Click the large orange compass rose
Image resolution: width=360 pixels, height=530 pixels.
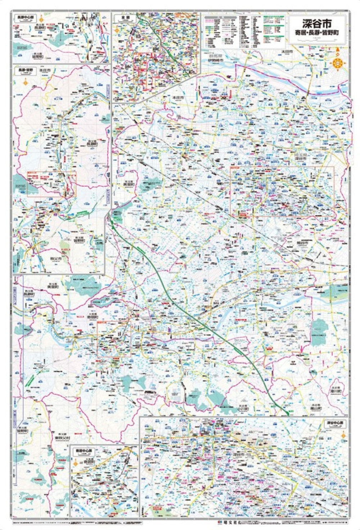(x=338, y=64)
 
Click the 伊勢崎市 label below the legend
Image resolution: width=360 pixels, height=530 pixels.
(x=215, y=60)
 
